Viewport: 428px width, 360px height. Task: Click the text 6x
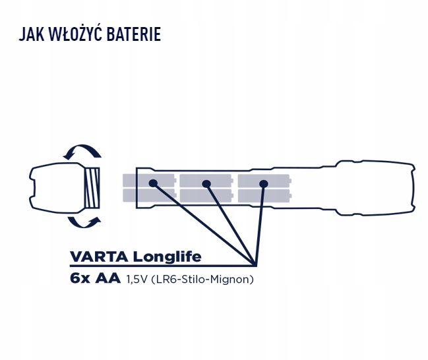click(79, 279)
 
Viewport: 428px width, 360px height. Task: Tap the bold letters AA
click(107, 279)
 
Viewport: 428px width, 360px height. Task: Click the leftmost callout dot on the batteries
click(152, 183)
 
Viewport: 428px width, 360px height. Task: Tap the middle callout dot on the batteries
click(207, 183)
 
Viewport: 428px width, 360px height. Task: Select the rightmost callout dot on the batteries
click(264, 183)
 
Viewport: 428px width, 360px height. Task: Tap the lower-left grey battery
click(148, 196)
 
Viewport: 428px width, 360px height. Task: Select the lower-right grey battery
click(264, 196)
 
